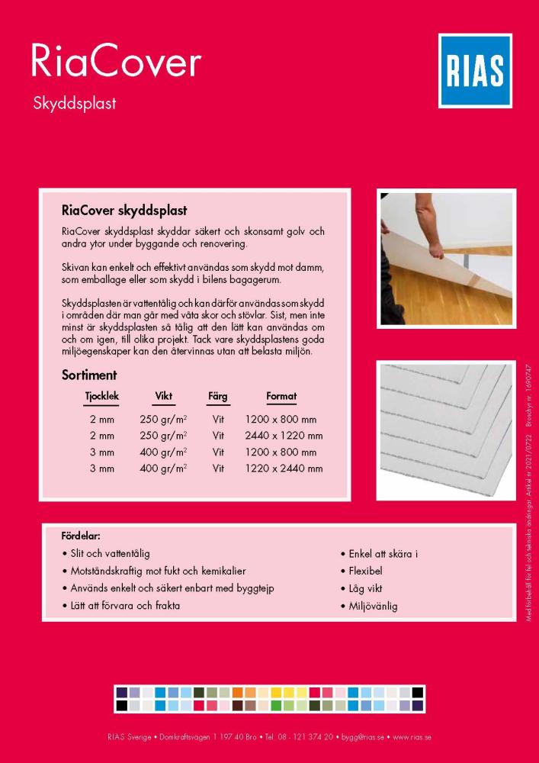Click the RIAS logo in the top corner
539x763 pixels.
coord(476,71)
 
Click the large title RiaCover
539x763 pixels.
coord(115,62)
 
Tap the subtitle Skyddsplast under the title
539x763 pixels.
coord(74,104)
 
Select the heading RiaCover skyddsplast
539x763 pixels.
coord(124,209)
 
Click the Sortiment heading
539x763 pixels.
coord(88,375)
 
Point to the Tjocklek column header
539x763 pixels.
coord(101,397)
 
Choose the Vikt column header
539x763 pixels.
coord(163,397)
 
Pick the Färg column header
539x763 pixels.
coord(217,397)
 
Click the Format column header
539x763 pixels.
coord(281,397)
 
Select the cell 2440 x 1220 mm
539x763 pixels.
coord(284,436)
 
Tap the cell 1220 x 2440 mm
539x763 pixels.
coord(284,468)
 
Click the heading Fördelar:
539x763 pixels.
coord(81,536)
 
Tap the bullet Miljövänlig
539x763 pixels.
coord(372,607)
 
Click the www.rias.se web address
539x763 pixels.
coord(412,737)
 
